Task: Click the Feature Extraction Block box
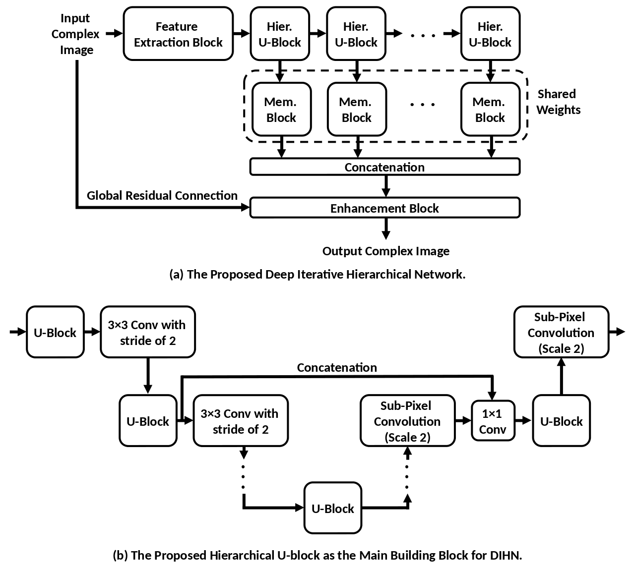(178, 34)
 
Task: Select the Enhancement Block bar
(384, 208)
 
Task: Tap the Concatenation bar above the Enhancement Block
(384, 167)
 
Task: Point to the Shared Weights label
(558, 102)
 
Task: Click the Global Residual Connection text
(162, 196)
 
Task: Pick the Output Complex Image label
(386, 251)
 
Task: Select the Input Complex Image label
(76, 34)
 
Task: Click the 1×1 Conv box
(493, 422)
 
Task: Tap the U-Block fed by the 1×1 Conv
(561, 421)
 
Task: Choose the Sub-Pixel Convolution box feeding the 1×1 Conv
(407, 421)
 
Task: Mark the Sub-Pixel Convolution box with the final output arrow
(561, 333)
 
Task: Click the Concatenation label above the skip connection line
(337, 368)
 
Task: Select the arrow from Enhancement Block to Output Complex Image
(385, 228)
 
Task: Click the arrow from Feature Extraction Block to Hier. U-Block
(242, 34)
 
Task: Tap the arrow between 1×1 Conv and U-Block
(524, 421)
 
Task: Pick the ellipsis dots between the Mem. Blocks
(423, 105)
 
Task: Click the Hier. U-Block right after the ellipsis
(490, 34)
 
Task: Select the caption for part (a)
(317, 275)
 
